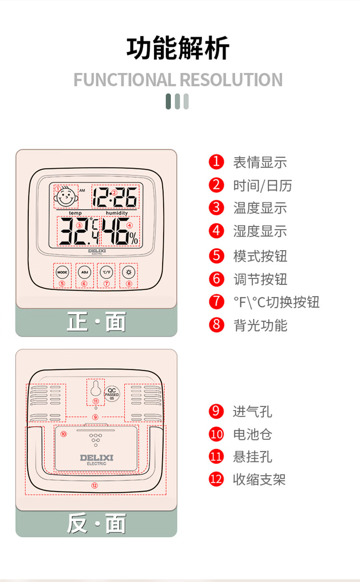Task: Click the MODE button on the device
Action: pyautogui.click(x=62, y=272)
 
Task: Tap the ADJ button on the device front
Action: pyautogui.click(x=84, y=272)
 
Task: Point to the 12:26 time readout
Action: pyautogui.click(x=115, y=197)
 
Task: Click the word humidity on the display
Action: pyautogui.click(x=117, y=213)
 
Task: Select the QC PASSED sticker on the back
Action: pyautogui.click(x=112, y=394)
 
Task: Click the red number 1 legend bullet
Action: pyautogui.click(x=216, y=162)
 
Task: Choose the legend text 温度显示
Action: pyautogui.click(x=260, y=208)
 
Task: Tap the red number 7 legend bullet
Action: pyautogui.click(x=216, y=302)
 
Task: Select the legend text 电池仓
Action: pyautogui.click(x=253, y=435)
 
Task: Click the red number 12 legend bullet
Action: pyautogui.click(x=216, y=479)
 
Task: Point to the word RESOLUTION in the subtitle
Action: pyautogui.click(x=231, y=80)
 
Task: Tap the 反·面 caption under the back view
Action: pyautogui.click(x=96, y=523)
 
